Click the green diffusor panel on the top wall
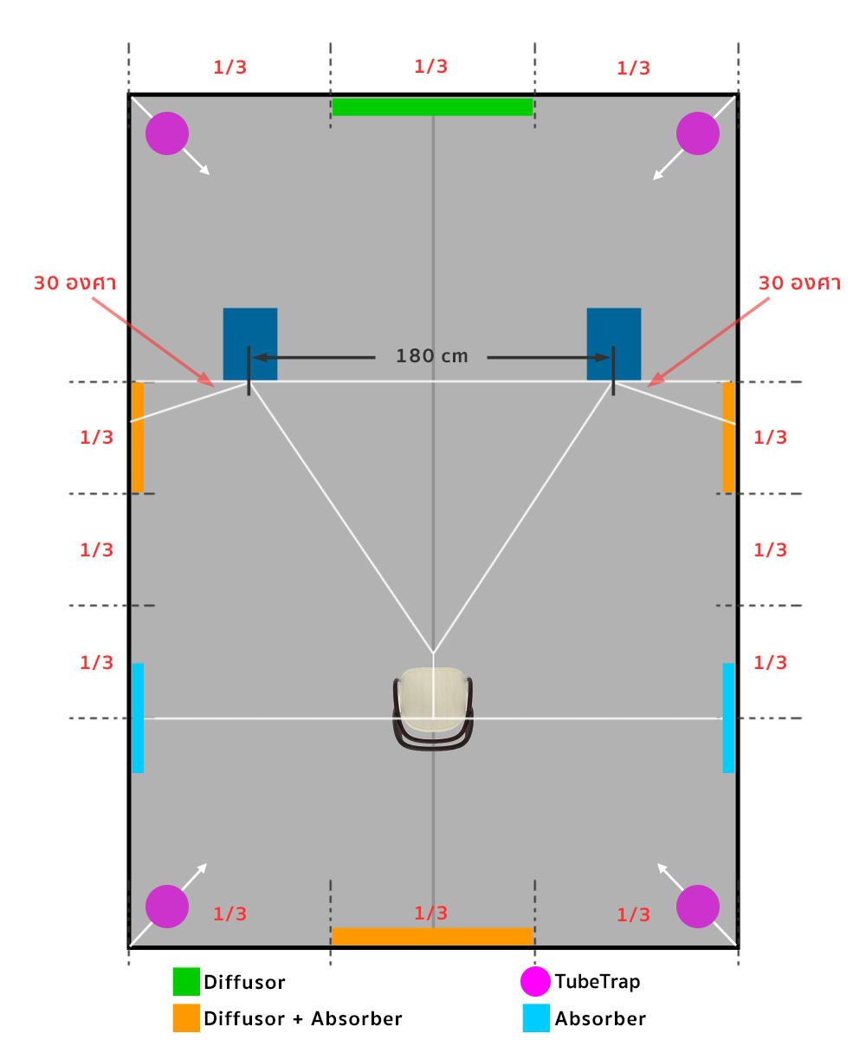(432, 107)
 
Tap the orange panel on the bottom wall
(432, 936)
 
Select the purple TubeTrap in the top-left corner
(167, 133)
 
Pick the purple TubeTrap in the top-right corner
(698, 133)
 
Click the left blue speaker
(250, 344)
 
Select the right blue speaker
(614, 344)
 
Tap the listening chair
(433, 708)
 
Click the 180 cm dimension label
(432, 356)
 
